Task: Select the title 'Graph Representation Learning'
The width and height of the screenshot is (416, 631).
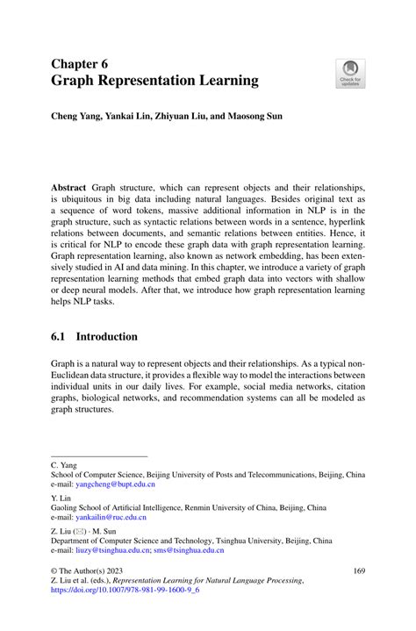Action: click(x=154, y=81)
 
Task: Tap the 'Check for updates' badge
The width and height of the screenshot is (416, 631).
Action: click(x=351, y=74)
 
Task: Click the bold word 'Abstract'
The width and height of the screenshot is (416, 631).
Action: click(x=69, y=188)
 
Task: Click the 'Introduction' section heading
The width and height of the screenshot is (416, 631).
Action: click(x=106, y=336)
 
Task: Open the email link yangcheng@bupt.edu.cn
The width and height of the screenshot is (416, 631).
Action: click(x=118, y=484)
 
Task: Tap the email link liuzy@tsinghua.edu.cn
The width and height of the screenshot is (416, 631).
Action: click(x=119, y=550)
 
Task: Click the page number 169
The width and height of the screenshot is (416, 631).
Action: click(x=358, y=570)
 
